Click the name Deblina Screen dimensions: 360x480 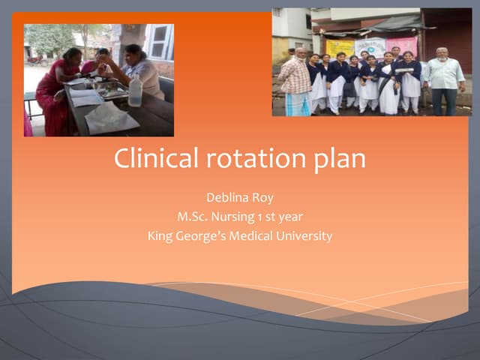coord(226,197)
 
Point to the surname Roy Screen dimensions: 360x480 coord(263,197)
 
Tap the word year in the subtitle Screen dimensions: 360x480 coord(291,217)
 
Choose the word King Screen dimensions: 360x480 coord(161,236)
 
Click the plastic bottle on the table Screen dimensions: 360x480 coord(135,91)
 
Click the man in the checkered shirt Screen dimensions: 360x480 coord(296,84)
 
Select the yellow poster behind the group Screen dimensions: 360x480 coord(338,48)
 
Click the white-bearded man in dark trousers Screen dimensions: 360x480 coord(444,80)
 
